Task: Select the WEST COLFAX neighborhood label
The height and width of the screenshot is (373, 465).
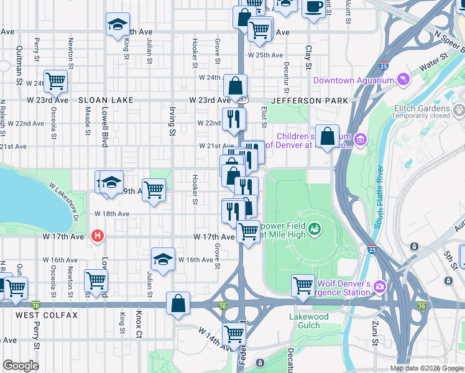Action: pyautogui.click(x=47, y=315)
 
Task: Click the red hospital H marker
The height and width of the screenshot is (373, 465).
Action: pyautogui.click(x=97, y=236)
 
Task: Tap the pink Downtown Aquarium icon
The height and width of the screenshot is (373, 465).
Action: pyautogui.click(x=405, y=80)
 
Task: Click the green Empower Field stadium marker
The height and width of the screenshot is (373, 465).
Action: pyautogui.click(x=316, y=230)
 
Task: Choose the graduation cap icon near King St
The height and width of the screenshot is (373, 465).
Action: pyautogui.click(x=117, y=25)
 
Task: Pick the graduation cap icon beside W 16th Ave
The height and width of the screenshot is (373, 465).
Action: pyautogui.click(x=163, y=259)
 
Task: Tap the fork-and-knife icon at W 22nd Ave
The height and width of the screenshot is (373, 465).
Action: pyautogui.click(x=234, y=117)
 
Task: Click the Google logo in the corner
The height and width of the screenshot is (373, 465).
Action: pyautogui.click(x=21, y=366)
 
